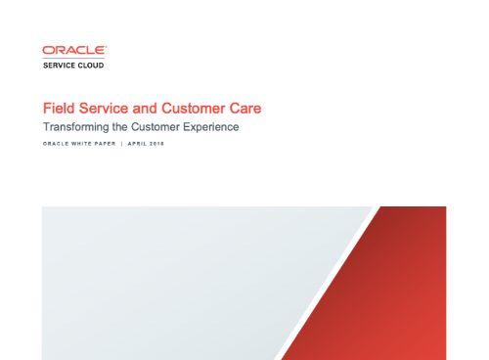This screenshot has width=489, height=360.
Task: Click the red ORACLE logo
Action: [x=74, y=50]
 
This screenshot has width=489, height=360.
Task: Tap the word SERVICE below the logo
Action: [x=59, y=66]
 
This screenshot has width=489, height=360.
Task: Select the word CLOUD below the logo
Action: [x=90, y=66]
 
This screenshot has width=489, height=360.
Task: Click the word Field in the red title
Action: [x=57, y=108]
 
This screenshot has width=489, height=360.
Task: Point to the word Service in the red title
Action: [x=103, y=108]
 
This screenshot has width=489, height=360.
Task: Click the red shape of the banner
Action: [x=401, y=293]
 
